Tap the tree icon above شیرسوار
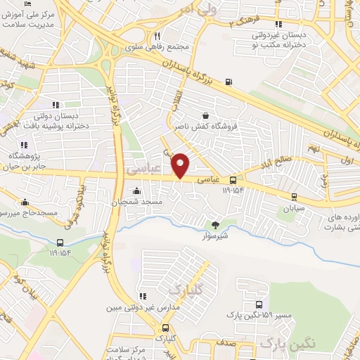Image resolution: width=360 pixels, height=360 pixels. click(x=215, y=224)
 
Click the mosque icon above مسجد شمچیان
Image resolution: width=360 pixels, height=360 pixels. click(x=136, y=191)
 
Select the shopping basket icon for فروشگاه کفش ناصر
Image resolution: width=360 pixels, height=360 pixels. click(x=205, y=116)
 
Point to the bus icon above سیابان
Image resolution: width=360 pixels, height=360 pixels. click(x=293, y=197)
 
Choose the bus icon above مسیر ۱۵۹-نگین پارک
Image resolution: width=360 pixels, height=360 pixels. click(x=260, y=304)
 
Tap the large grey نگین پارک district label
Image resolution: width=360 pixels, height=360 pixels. click(x=285, y=342)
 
